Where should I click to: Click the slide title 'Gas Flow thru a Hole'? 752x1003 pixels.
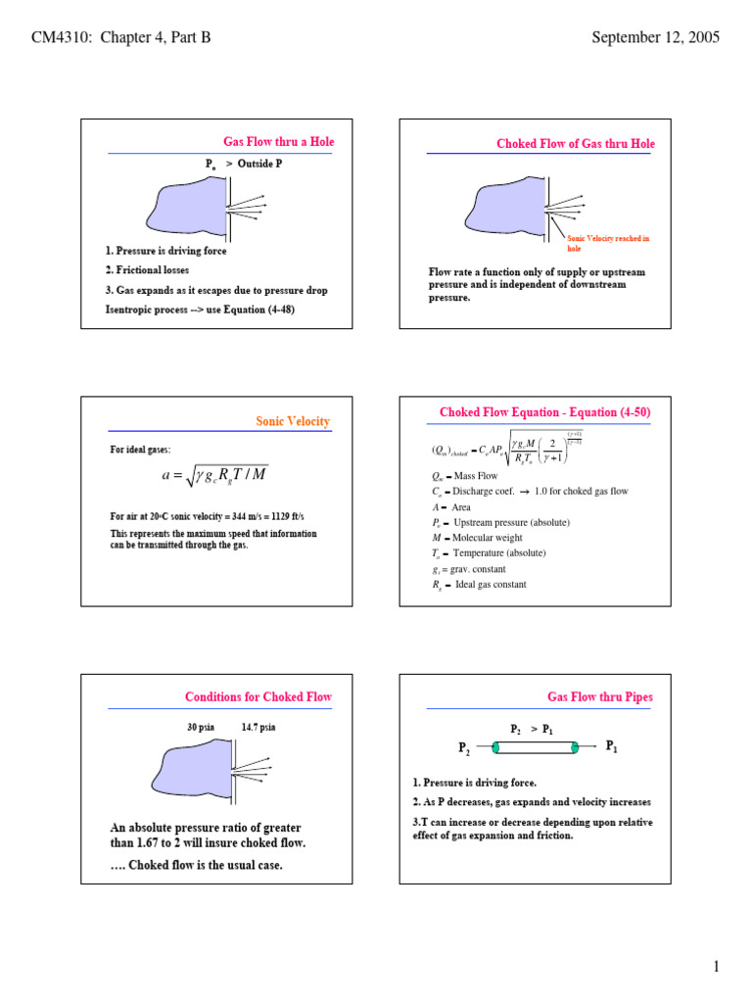pos(279,142)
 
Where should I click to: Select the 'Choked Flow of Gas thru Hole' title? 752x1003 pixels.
pos(576,144)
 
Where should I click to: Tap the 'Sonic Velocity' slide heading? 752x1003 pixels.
pos(293,421)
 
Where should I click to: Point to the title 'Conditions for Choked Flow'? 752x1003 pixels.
pos(258,697)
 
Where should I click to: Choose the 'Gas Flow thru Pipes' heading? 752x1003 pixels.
pos(600,697)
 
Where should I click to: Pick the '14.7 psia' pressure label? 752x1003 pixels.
pos(258,728)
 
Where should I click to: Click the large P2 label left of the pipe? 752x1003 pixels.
pos(464,749)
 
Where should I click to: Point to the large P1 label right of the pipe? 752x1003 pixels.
pos(612,746)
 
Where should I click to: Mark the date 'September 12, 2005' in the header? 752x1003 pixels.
pos(656,38)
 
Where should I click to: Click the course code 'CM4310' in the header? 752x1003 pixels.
pos(61,38)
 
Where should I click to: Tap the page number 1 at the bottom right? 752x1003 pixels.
pos(716,968)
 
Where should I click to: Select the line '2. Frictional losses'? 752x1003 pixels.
pos(148,270)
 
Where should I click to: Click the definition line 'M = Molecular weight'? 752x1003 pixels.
pos(477,538)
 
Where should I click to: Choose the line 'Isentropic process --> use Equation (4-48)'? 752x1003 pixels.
pos(200,310)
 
